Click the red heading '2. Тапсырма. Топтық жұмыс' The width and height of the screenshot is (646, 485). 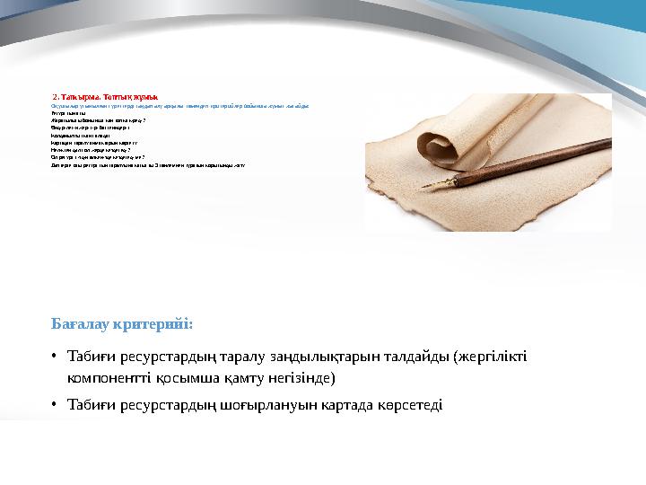point(105,95)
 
